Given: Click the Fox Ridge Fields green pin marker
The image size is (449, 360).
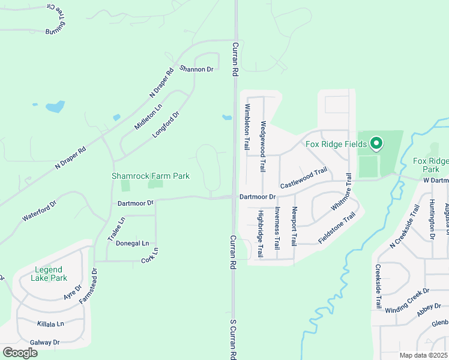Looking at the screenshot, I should (x=376, y=143).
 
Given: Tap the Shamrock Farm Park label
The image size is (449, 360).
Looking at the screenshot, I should (x=151, y=176).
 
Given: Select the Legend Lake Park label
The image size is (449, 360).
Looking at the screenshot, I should (x=50, y=274).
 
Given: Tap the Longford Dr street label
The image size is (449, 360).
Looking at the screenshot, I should (x=166, y=125).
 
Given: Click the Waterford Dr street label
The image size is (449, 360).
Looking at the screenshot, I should (x=39, y=212).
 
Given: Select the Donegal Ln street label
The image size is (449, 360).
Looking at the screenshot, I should (x=132, y=243).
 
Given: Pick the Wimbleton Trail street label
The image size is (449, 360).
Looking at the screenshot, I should (x=246, y=127).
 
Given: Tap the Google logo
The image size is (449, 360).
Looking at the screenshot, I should (x=20, y=352).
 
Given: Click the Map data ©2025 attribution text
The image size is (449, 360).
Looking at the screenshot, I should (x=424, y=355).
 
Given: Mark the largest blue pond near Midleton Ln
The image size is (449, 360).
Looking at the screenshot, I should (x=55, y=107).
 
